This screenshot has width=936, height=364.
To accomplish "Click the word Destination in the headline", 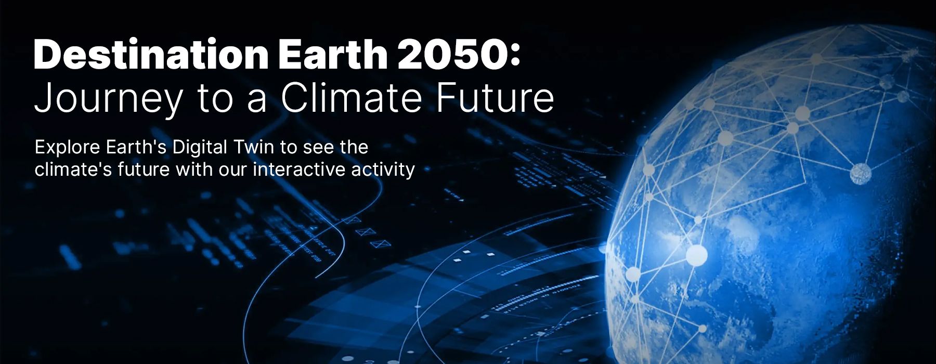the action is pos(151,54).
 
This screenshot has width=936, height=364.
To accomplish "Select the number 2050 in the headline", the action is pos(448,54).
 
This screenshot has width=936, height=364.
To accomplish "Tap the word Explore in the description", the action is pos(68,148).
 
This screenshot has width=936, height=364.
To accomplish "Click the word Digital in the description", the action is pos(199,148).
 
